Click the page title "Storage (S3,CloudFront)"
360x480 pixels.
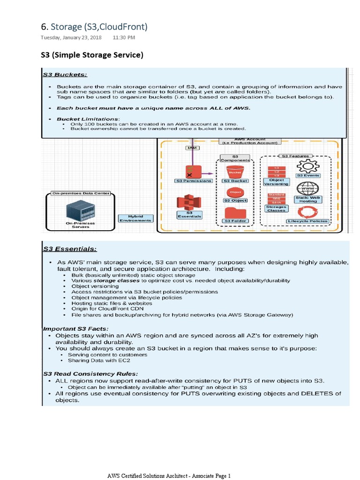[99, 26]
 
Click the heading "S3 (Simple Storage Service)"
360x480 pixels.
[91, 55]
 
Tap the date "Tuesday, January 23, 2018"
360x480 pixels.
[71, 37]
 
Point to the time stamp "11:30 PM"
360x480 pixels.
[124, 37]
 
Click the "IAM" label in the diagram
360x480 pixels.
[192, 148]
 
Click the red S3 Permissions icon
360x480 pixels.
[193, 171]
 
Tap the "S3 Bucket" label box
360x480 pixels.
[235, 180]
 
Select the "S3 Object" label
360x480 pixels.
[235, 201]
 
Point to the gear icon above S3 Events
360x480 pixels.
[308, 165]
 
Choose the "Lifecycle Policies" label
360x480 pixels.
[308, 221]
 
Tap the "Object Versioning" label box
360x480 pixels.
[276, 182]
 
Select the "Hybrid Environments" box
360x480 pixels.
[135, 218]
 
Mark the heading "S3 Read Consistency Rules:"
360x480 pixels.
[90, 374]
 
